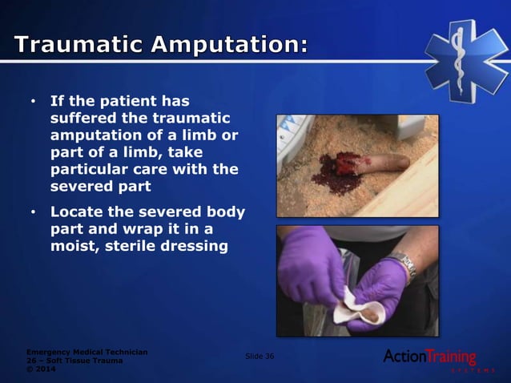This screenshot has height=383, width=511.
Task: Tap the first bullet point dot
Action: click(33, 103)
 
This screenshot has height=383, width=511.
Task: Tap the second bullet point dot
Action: click(33, 213)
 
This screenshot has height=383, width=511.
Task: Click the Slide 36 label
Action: click(259, 356)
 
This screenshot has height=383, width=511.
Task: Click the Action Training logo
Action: click(431, 358)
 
